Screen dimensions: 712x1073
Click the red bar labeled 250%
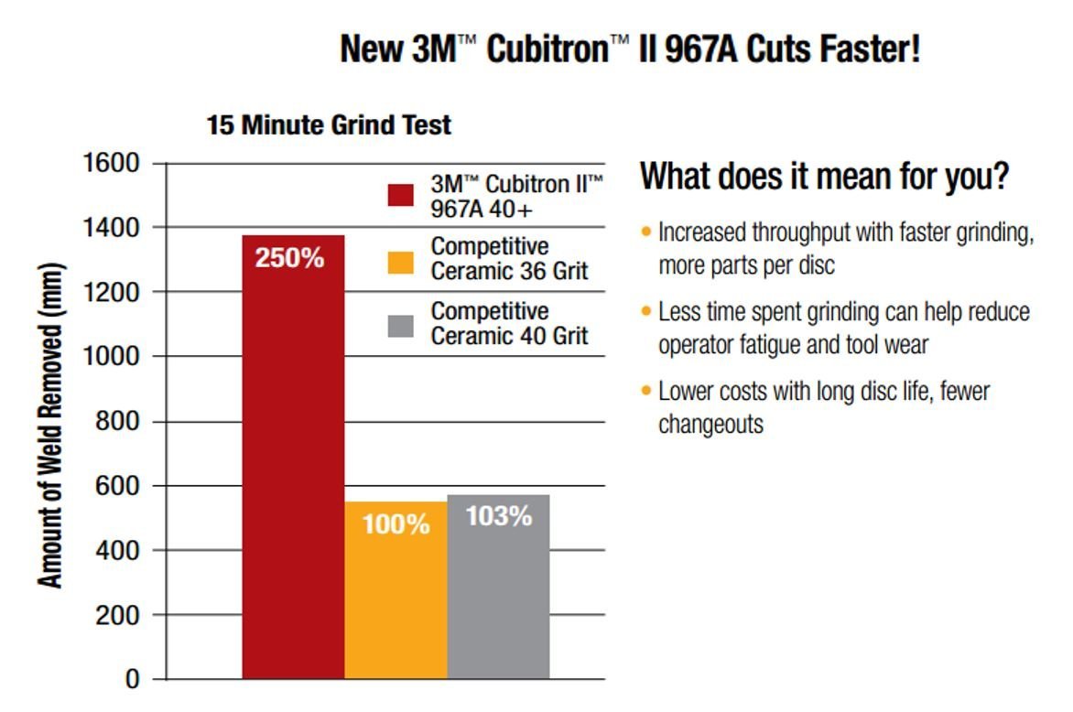click(293, 458)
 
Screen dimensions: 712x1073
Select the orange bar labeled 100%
click(396, 595)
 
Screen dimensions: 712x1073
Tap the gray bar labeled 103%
click(498, 595)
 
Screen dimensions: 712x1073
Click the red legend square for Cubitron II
click(401, 196)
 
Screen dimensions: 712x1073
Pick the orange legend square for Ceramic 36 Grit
click(401, 260)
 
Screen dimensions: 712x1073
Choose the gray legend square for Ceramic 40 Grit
click(401, 324)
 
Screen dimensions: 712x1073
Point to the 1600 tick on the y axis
click(111, 164)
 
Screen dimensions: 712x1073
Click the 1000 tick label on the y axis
click(111, 357)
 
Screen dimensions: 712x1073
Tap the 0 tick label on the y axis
click(132, 680)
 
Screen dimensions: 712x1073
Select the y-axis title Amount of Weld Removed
click(51, 426)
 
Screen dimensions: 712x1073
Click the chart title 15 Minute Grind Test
click(329, 124)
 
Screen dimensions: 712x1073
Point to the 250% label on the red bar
click(289, 258)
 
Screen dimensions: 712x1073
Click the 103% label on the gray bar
click(499, 516)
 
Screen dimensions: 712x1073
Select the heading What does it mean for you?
click(824, 176)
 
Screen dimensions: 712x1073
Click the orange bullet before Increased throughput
click(646, 232)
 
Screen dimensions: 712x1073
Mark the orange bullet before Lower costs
click(646, 392)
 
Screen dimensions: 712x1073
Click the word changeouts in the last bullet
click(710, 425)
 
